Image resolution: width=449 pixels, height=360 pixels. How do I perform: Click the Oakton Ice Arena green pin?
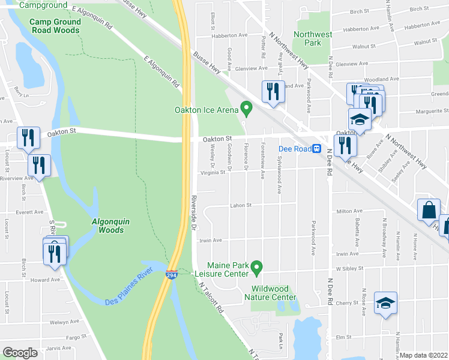coord(246,109)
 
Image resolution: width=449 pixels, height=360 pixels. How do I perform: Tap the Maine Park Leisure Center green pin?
coord(257,266)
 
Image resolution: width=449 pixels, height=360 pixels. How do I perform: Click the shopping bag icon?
coord(429,210)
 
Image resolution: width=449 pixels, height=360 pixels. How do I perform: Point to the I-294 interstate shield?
coord(172,274)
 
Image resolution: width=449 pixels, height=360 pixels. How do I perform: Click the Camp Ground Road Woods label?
coord(55,26)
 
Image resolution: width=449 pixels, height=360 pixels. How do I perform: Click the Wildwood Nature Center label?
coord(270,293)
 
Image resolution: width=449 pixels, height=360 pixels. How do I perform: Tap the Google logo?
coord(20,353)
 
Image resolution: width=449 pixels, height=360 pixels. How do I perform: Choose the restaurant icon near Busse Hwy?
coord(273,91)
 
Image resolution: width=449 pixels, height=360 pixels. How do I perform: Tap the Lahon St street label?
coord(240,205)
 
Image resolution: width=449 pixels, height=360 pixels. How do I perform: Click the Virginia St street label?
coord(215,172)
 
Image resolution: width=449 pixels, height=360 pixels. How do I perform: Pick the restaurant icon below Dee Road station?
coord(345,145)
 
